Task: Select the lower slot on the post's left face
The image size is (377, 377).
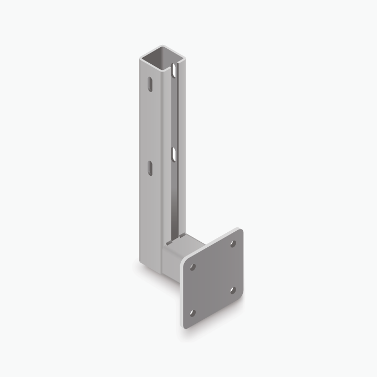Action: coord(150,167)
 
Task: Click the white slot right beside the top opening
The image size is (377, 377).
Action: coord(175,70)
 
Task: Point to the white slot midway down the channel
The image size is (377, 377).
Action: coord(174,152)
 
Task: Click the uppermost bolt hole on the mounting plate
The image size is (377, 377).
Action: coord(233,243)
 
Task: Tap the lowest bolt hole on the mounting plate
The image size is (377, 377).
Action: coord(192,313)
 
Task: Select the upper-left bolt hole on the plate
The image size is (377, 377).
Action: coord(192,267)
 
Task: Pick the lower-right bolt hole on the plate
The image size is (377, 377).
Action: coord(233,289)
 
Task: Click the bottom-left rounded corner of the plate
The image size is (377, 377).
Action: coord(185,325)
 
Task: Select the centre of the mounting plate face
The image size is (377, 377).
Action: coord(213,278)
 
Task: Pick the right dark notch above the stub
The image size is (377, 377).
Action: coord(179,237)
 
